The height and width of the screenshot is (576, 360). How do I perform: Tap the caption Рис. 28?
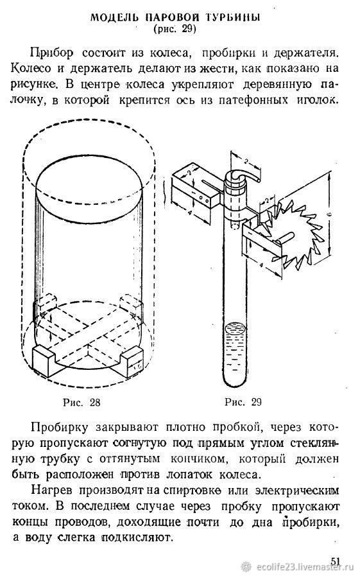(81, 402)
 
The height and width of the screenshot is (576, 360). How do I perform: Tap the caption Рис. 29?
(243, 402)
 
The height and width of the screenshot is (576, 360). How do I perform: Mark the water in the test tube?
(234, 353)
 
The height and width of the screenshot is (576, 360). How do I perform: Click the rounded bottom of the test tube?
(234, 382)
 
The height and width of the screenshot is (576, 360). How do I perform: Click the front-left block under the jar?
(43, 360)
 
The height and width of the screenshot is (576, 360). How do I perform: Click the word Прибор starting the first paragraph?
(51, 53)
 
